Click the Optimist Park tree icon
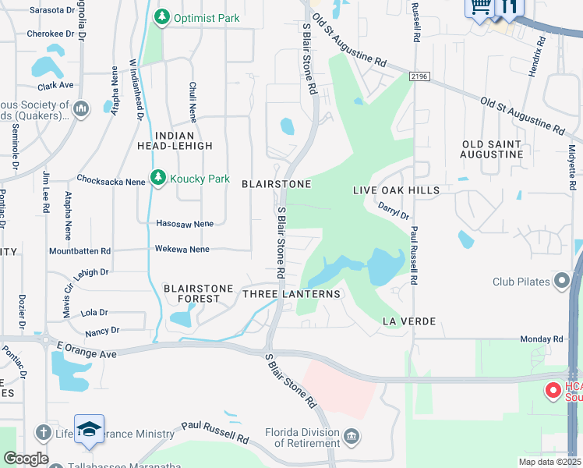pos(161,16)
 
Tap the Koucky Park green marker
pos(158,179)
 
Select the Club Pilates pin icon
pos(562,282)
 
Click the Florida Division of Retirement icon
pos(351,434)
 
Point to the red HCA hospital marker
pos(553,390)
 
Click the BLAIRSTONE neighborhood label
pos(276,184)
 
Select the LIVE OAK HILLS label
pos(396,190)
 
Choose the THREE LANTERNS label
pos(291,294)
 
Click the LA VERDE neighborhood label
pos(408,321)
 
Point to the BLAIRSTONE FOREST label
pos(199,293)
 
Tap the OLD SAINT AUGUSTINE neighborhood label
pos(492,149)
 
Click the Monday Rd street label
pos(542,339)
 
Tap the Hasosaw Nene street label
pos(185,224)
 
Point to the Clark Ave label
pos(55,85)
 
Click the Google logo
pos(26,459)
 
